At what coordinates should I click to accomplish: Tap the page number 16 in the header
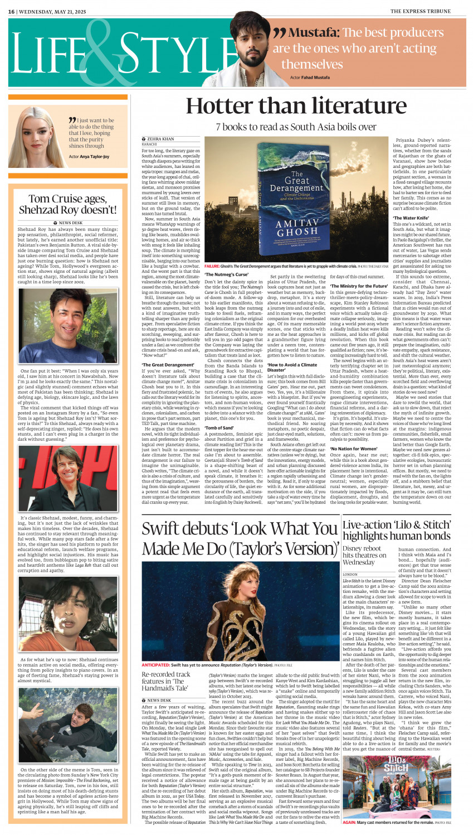[x=11, y=11]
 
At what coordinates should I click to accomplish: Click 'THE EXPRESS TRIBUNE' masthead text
[x=428, y=11]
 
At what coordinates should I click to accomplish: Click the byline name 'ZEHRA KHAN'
[x=160, y=139]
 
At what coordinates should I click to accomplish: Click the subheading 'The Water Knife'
[x=411, y=218]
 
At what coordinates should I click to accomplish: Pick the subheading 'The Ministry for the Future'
[x=359, y=286]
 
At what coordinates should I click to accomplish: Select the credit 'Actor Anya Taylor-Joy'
[x=89, y=157]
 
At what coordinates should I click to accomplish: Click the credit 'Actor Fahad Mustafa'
[x=310, y=78]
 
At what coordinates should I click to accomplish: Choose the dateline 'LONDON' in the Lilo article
[x=350, y=574]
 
